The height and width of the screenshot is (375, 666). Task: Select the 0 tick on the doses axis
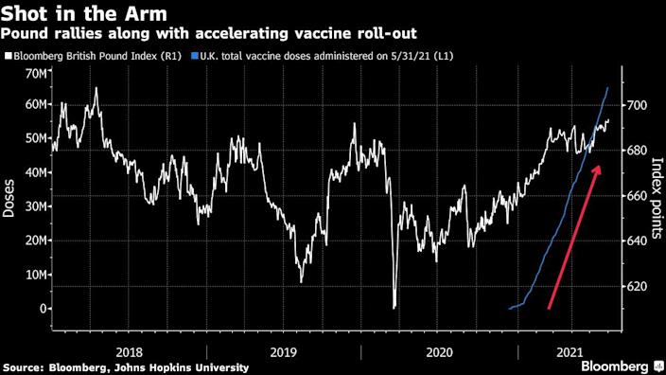pos(43,309)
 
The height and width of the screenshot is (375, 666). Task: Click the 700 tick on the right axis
pos(636,105)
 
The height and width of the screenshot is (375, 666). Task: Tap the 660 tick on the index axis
pos(636,196)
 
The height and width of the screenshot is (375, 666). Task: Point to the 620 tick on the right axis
pos(636,286)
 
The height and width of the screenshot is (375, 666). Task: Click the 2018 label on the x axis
pos(129,348)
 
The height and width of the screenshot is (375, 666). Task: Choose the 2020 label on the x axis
pos(440,348)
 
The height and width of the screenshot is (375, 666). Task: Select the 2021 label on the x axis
pos(569,348)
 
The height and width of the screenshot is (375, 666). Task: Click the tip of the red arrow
pos(599,166)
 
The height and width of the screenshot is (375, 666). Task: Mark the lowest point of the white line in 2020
pos(394,307)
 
